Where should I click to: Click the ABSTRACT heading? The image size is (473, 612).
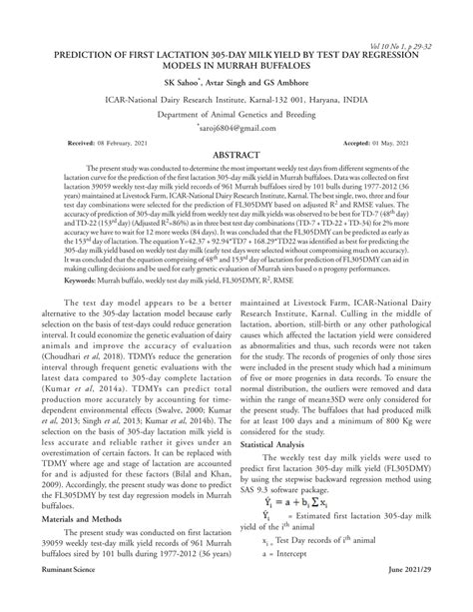(x=236, y=158)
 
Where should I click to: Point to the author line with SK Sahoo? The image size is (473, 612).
(x=236, y=84)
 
